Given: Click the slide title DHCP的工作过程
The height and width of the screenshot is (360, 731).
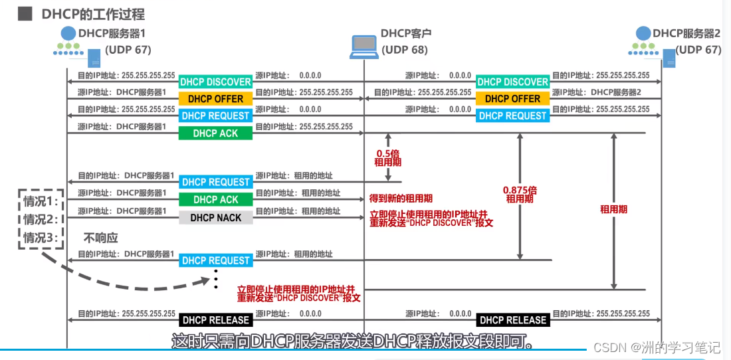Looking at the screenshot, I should (93, 14).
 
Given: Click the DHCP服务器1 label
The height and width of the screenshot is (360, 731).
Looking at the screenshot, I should (112, 33).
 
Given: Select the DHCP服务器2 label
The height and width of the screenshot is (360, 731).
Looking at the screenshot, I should (686, 33).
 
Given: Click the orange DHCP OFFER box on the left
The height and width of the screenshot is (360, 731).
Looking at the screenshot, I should (215, 99).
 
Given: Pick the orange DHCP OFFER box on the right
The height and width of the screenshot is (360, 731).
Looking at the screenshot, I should (512, 99).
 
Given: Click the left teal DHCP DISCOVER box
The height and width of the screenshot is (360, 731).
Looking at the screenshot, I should (215, 82).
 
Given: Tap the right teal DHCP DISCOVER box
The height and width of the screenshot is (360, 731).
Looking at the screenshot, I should (512, 82).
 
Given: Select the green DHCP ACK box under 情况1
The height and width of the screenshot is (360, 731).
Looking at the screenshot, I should (215, 199).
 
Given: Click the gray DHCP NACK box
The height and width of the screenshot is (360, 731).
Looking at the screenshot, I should (215, 217).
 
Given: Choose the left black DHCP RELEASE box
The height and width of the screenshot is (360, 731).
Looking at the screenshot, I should (215, 320).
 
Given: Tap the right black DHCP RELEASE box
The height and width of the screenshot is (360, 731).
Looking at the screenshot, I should (512, 320).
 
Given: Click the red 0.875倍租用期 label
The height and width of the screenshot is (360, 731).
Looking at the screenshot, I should (520, 194).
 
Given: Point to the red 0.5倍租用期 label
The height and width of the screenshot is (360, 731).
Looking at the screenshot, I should (388, 156).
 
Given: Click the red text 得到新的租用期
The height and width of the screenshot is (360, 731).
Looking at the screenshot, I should (401, 199).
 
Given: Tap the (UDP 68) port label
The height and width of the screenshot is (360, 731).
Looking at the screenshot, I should (405, 50).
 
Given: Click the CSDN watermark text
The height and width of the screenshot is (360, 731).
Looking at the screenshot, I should (657, 347).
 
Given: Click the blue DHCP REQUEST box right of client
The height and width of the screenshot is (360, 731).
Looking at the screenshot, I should (512, 116).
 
